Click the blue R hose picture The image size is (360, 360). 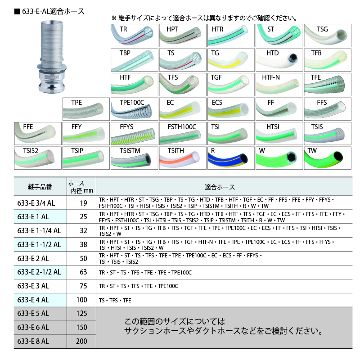(231, 158)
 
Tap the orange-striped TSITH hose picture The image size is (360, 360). (183, 158)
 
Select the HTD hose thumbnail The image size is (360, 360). (279, 60)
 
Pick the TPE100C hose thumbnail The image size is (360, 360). (134, 109)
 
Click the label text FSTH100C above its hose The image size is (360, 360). (182, 127)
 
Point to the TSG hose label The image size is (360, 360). (322, 29)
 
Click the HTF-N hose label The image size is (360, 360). (271, 77)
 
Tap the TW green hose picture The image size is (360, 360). (328, 158)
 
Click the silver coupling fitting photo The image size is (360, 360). (52, 57)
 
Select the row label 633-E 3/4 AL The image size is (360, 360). (36, 203)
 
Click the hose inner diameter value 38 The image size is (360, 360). (83, 244)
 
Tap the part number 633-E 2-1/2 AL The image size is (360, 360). (39, 272)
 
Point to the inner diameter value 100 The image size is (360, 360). (82, 300)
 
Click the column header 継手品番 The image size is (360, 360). (40, 187)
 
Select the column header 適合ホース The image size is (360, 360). (220, 187)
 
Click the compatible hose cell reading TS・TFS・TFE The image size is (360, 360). (115, 300)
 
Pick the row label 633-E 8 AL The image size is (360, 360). (33, 341)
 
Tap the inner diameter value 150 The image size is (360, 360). (82, 327)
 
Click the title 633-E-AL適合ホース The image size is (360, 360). (49, 12)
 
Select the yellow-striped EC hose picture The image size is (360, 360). (183, 109)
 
